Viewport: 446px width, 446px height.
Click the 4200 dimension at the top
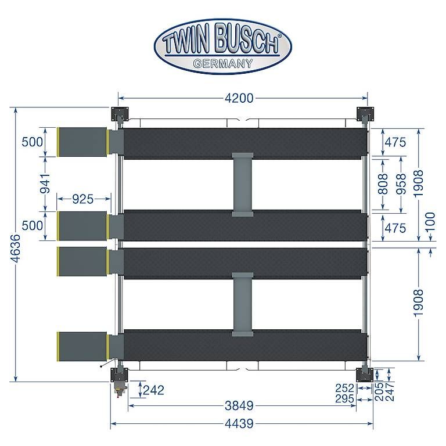click(x=239, y=98)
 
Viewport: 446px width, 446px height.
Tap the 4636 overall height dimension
click(x=15, y=248)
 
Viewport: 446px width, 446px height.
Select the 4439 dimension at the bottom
click(x=239, y=424)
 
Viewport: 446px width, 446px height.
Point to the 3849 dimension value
click(x=239, y=406)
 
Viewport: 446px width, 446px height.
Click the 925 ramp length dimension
click(x=83, y=199)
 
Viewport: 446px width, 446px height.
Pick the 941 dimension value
click(x=45, y=184)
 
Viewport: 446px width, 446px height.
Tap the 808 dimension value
click(x=383, y=184)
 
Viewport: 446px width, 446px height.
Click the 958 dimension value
click(x=401, y=184)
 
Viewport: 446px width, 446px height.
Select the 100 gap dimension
click(x=431, y=222)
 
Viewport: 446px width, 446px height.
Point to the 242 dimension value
click(x=153, y=390)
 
